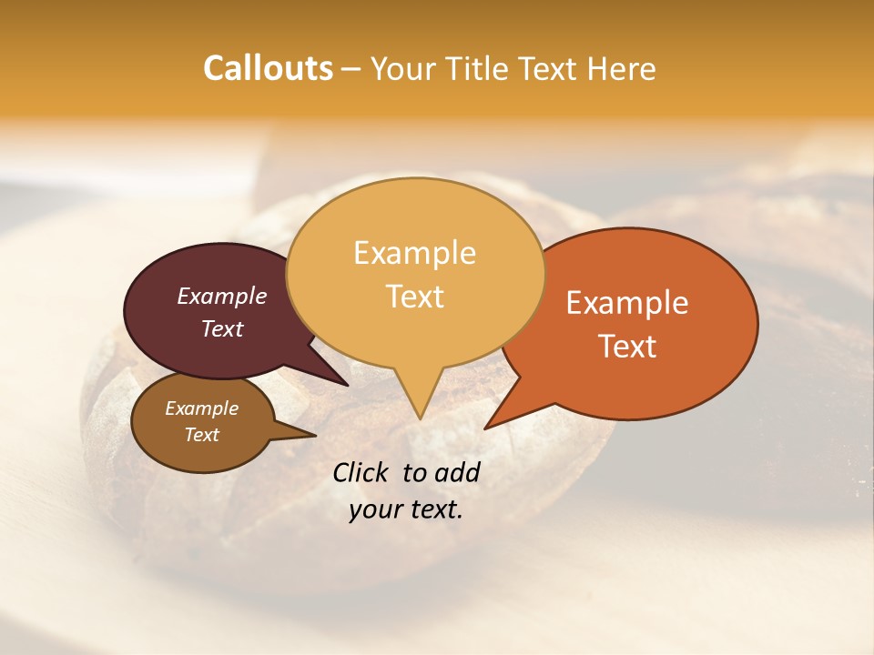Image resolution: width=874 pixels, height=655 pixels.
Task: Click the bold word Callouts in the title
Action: [x=268, y=68]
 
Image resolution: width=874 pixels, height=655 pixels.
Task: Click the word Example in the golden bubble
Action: [x=414, y=253]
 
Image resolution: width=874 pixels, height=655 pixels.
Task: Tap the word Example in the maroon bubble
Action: [x=222, y=297]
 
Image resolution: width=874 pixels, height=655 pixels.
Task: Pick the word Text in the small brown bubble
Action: [x=202, y=435]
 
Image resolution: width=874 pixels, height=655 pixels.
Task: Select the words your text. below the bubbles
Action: [x=405, y=510]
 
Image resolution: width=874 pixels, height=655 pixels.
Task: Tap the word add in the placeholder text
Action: [x=457, y=472]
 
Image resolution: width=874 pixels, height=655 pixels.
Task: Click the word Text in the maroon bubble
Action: [x=222, y=329]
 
